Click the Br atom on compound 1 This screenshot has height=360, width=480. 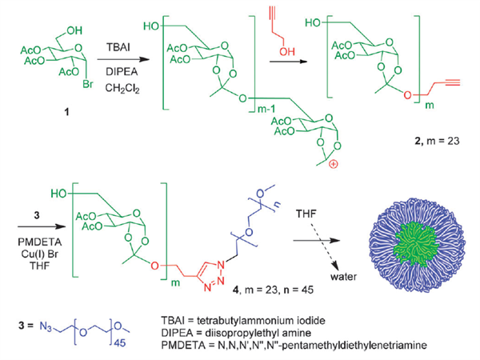point(88,83)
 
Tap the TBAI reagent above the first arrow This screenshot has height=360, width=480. point(118,47)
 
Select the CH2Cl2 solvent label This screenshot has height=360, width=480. point(122,89)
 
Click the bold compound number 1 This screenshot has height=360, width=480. point(66,112)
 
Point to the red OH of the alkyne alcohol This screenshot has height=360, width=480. point(287,51)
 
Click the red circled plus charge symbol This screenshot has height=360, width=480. point(333,165)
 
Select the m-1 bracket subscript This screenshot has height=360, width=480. point(266,109)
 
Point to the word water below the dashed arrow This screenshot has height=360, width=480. point(344,277)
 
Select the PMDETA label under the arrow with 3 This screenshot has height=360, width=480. point(40,242)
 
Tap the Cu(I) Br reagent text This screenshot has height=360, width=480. point(40,254)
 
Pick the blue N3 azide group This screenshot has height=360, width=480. point(46,326)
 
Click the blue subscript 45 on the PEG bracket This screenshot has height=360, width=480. point(120,343)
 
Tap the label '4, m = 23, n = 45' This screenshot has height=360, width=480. point(273,290)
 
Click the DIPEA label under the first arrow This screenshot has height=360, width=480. point(122,72)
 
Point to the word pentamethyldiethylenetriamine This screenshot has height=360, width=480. point(346,346)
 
